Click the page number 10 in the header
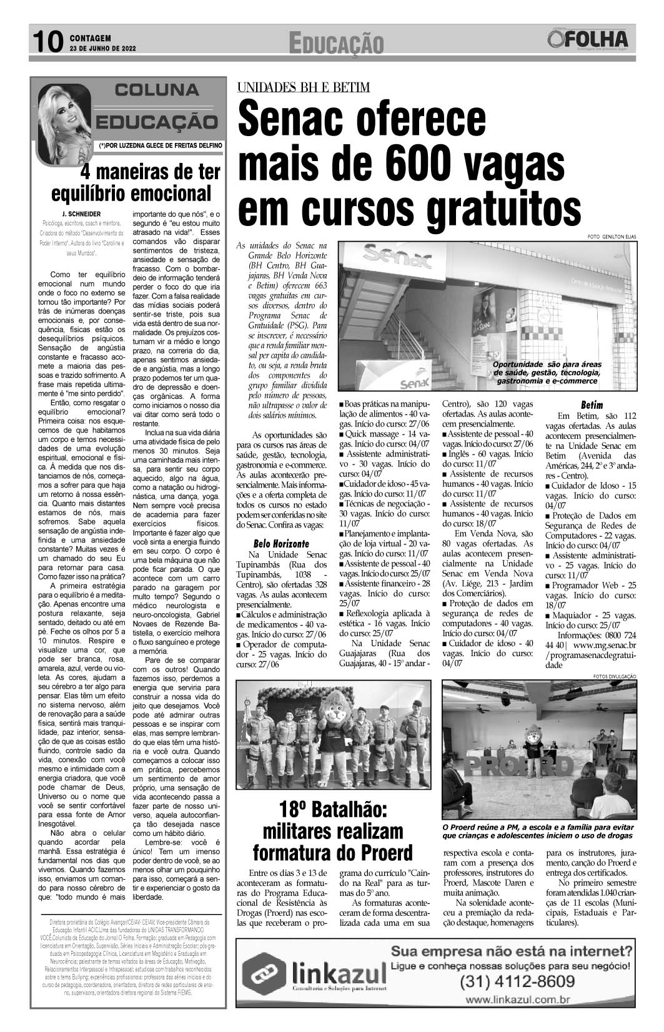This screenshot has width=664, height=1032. pyautogui.click(x=47, y=42)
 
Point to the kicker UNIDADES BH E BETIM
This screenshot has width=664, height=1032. pyautogui.click(x=303, y=87)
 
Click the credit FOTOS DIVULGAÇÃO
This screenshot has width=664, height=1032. pyautogui.click(x=610, y=676)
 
